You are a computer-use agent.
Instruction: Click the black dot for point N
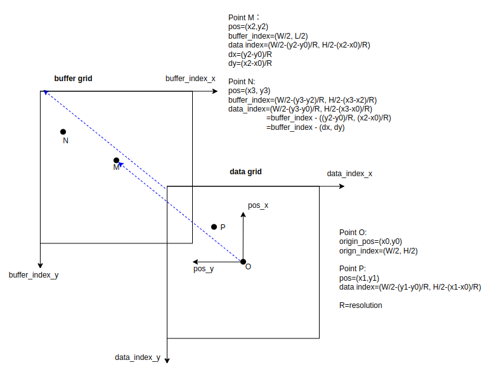[x=63, y=132]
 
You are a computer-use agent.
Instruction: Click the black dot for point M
[x=116, y=160]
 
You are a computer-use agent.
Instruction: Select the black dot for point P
[x=214, y=226]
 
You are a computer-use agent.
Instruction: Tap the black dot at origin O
[x=243, y=261]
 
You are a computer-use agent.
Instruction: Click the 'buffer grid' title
[x=74, y=79]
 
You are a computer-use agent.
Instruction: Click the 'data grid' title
[x=245, y=172]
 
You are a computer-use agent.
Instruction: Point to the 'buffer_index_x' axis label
[x=190, y=79]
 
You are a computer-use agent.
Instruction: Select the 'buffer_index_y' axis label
[x=34, y=276]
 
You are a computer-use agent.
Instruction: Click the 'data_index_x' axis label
[x=349, y=174]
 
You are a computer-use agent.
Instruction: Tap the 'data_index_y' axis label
[x=138, y=357]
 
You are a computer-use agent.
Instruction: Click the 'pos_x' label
[x=258, y=205]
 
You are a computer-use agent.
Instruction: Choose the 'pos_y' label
[x=204, y=269]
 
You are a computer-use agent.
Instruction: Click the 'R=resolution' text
[x=361, y=305]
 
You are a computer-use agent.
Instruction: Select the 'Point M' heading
[x=244, y=17]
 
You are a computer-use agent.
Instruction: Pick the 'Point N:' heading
[x=242, y=82]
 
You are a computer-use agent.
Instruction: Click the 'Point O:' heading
[x=353, y=233]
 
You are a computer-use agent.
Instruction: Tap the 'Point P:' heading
[x=353, y=269]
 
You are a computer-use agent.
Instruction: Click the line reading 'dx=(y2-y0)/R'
[x=250, y=54]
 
